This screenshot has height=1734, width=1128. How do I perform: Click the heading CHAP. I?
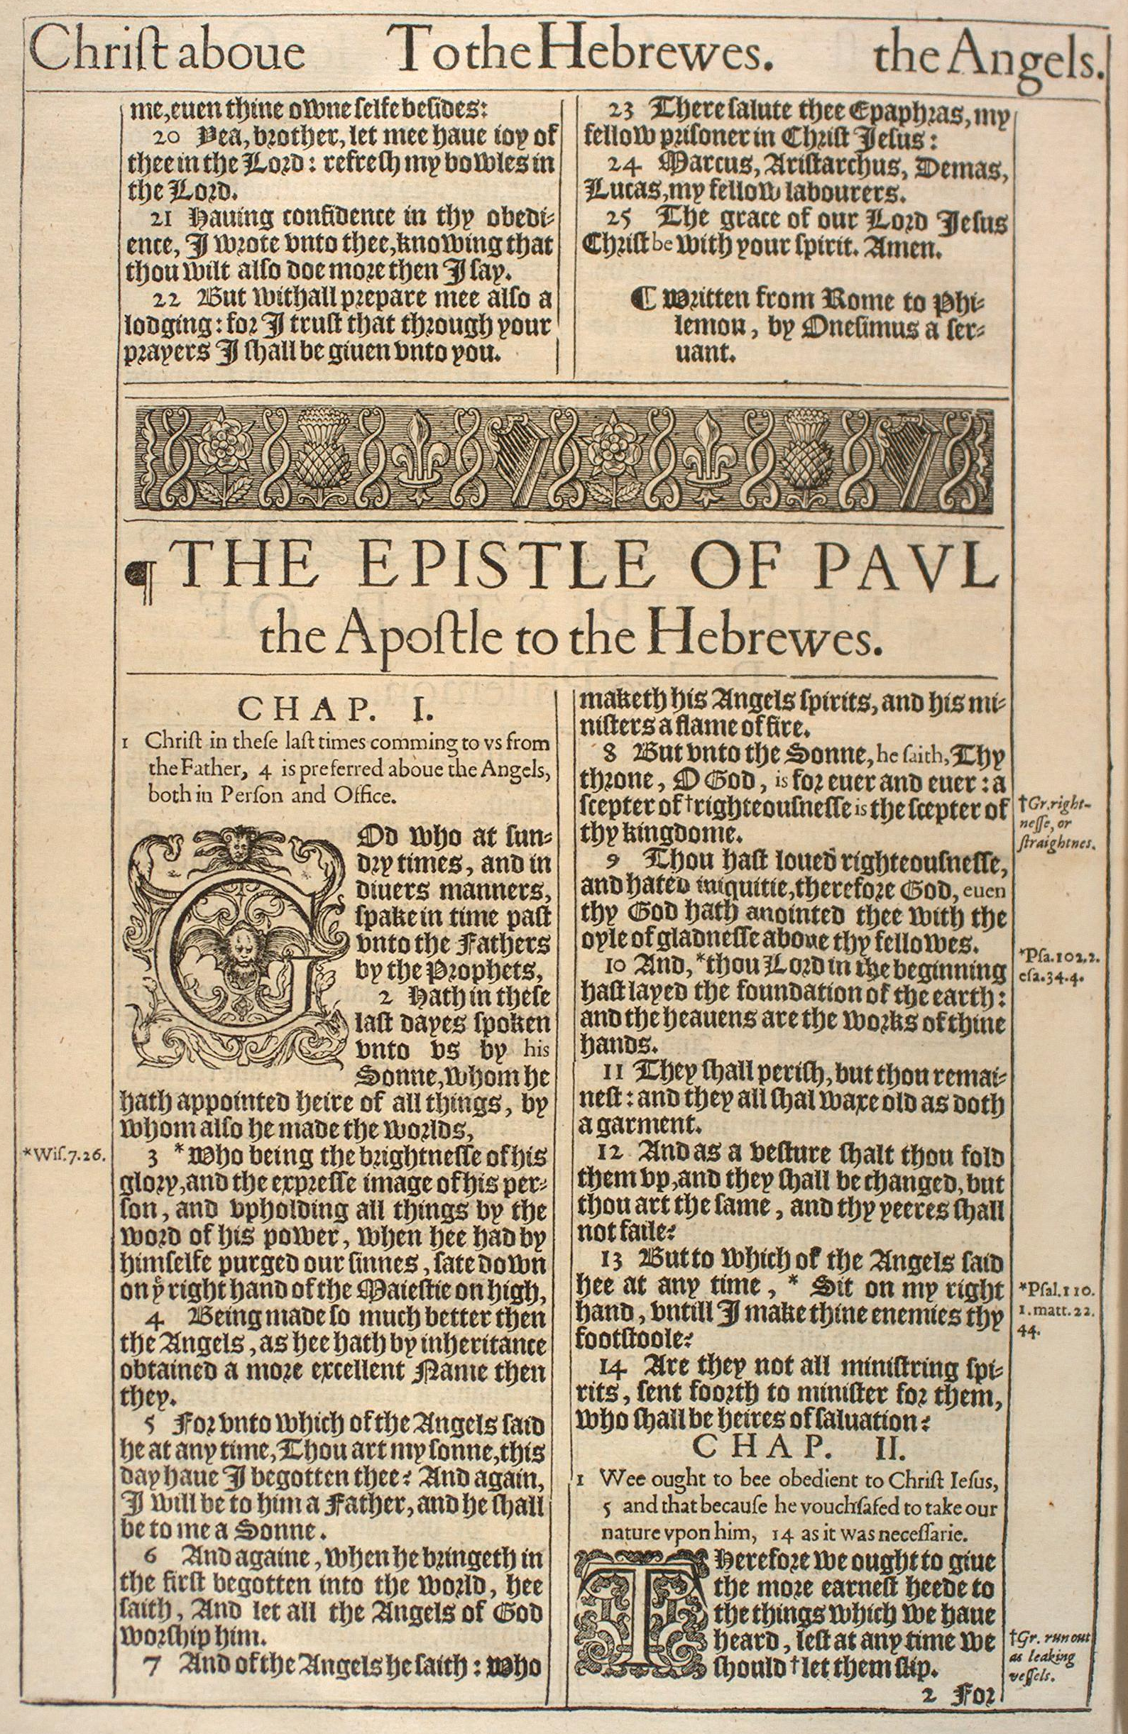coord(336,709)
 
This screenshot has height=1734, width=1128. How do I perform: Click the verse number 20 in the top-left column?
coord(168,136)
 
